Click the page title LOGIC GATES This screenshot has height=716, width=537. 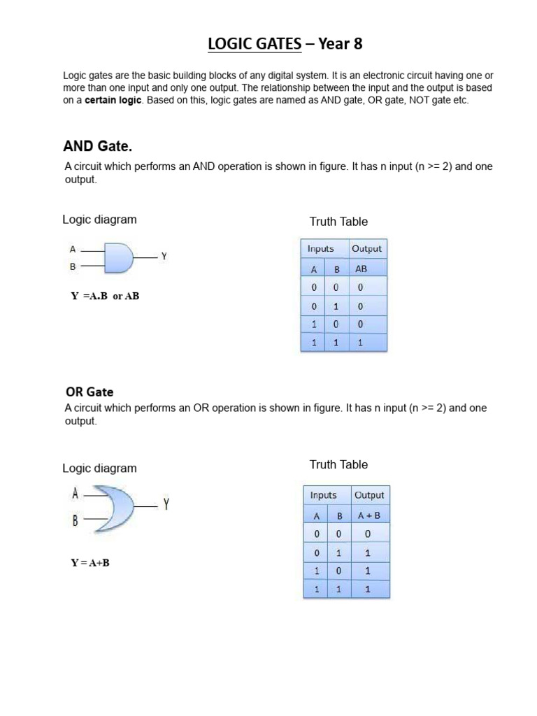tap(255, 45)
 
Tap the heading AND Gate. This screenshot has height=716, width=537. tap(97, 147)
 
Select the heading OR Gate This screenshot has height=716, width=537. tap(89, 392)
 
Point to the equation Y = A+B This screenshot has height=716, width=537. tap(89, 563)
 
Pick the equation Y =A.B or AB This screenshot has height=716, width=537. tap(105, 296)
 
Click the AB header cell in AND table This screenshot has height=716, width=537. tap(361, 268)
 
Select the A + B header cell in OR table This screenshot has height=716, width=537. tap(368, 515)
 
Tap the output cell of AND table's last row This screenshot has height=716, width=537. tap(361, 343)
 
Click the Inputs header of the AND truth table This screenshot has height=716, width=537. tap(320, 249)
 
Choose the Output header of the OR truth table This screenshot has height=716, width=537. tap(369, 495)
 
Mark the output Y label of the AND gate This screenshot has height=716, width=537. tap(164, 257)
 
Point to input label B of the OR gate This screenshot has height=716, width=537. tap(74, 521)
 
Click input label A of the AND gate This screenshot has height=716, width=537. tap(72, 248)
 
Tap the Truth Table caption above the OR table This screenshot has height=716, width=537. tap(338, 464)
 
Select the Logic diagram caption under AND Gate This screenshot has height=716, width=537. tap(99, 219)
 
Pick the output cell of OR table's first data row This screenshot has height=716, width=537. tap(368, 534)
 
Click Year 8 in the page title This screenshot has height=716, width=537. tap(341, 45)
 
